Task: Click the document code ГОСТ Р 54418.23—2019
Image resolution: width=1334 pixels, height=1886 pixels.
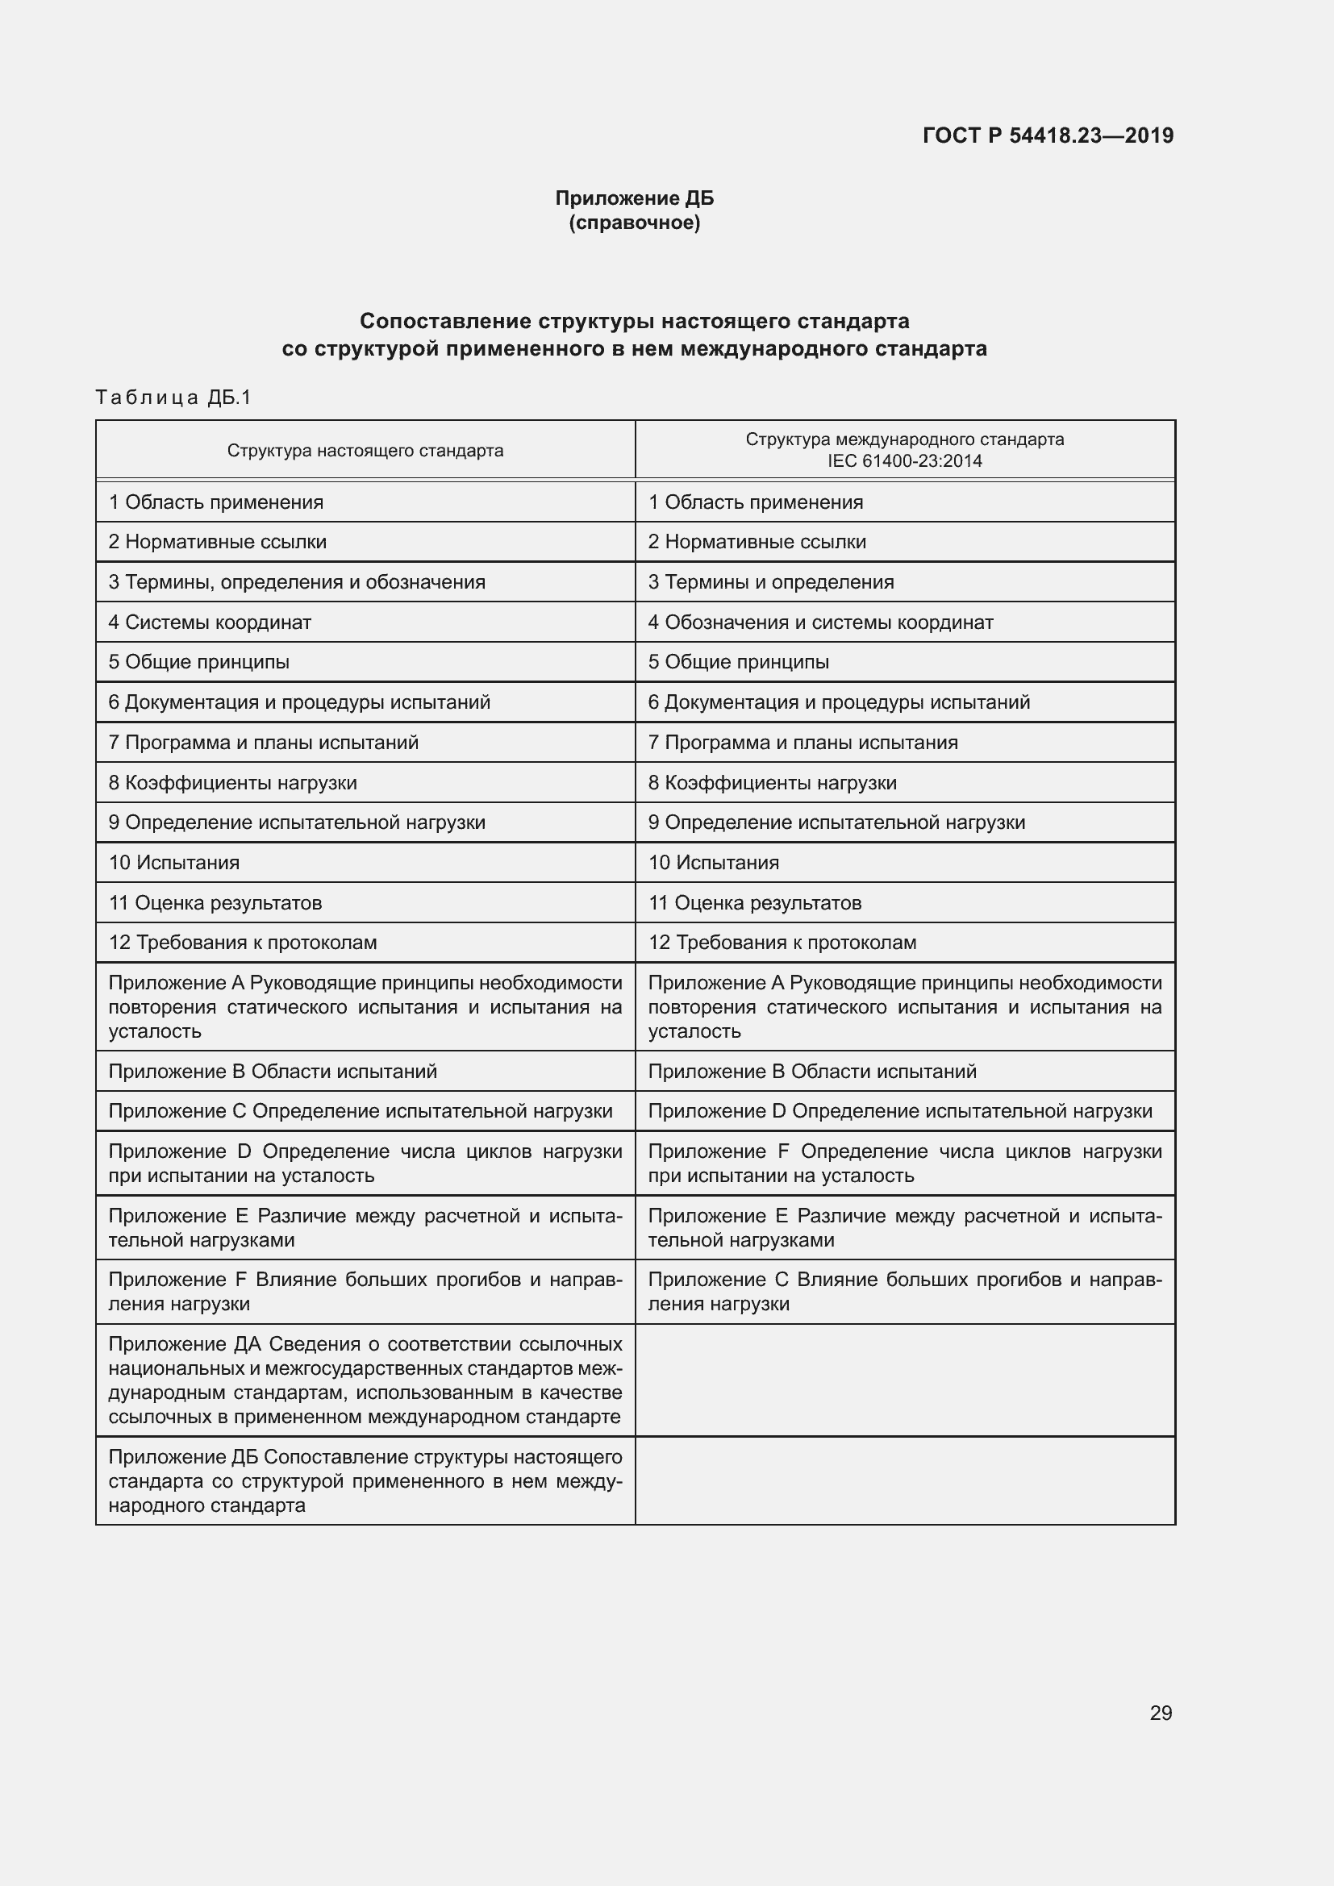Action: (x=1048, y=135)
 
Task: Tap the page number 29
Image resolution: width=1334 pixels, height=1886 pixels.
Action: (x=1161, y=1713)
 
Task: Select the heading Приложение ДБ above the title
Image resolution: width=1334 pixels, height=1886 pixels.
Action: (x=634, y=198)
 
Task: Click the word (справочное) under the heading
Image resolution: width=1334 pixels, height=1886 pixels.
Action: (x=634, y=223)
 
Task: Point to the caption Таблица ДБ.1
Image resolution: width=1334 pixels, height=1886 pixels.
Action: (x=173, y=398)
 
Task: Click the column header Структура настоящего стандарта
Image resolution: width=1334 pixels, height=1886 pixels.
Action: (x=365, y=450)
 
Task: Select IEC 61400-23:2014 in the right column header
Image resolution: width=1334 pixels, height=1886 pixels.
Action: (x=904, y=461)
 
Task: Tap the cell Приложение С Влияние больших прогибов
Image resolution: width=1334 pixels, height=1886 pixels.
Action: (x=903, y=1291)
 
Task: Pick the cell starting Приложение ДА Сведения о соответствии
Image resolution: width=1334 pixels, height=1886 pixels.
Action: (x=365, y=1380)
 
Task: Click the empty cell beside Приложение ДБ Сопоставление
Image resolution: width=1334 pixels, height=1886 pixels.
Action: (x=904, y=1480)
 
